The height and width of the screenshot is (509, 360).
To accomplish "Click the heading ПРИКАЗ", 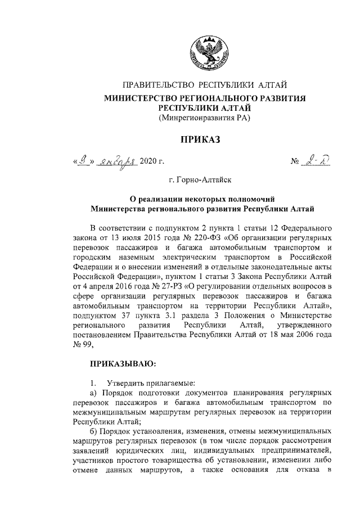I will [205, 139].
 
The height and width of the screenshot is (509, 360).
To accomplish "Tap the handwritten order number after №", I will [321, 161].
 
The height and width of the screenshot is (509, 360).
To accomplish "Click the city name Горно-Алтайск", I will [205, 182].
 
